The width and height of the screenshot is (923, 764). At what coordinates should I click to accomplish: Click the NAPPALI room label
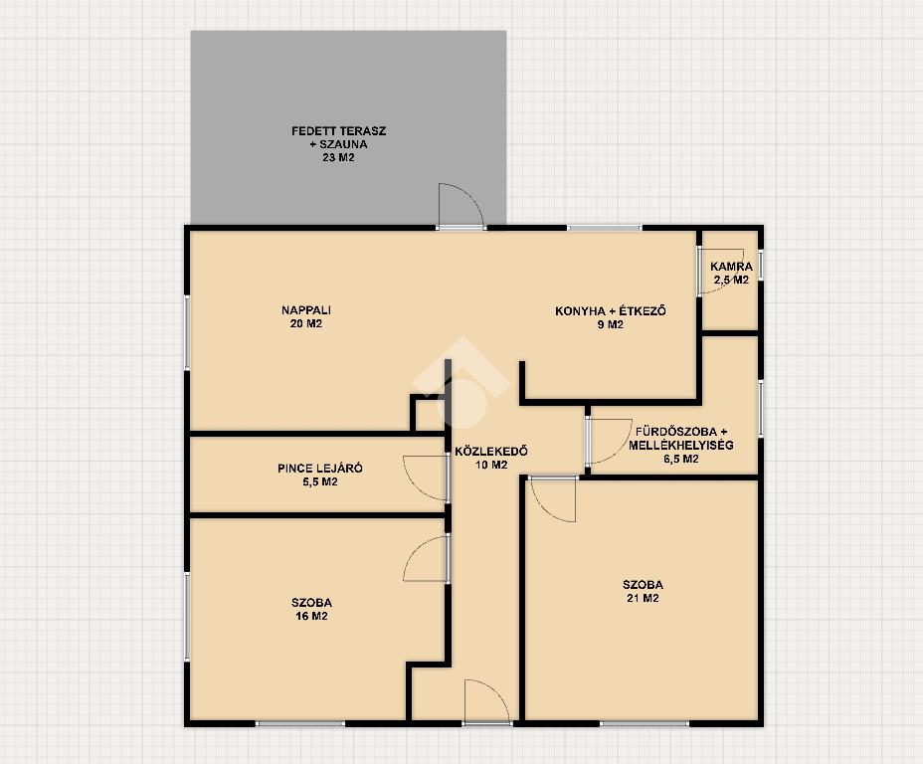[306, 310]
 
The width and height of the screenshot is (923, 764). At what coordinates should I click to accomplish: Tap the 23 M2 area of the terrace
[338, 158]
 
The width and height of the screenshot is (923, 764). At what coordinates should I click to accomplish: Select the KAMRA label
[731, 267]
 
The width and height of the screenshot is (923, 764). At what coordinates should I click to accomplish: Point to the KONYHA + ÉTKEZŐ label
[611, 310]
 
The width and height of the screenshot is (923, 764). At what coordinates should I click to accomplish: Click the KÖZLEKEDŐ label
[491, 452]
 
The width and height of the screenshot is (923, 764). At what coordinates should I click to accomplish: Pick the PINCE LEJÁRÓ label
[319, 469]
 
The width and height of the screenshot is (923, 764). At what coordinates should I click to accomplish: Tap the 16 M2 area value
[311, 616]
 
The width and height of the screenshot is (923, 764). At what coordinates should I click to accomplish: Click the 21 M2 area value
[643, 599]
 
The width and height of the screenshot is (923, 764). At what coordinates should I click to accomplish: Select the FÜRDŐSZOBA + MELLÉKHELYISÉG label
[681, 439]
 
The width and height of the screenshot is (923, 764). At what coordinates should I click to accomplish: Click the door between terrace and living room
[461, 206]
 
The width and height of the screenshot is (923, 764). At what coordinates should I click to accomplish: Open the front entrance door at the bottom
[486, 701]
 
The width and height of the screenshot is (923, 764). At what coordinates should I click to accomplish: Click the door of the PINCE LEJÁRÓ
[426, 477]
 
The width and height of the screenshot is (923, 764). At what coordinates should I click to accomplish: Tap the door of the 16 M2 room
[426, 559]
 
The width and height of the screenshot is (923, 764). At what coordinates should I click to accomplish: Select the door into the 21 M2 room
[553, 499]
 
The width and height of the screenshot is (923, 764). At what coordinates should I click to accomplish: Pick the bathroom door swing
[610, 442]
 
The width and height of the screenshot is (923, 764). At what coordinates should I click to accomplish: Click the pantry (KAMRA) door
[721, 272]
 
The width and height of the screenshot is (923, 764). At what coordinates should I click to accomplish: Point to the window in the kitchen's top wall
[605, 228]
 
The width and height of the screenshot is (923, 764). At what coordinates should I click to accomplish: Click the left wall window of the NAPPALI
[187, 333]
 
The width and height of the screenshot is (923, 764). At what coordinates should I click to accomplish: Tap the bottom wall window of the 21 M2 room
[645, 723]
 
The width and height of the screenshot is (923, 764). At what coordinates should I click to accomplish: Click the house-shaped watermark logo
[461, 383]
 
